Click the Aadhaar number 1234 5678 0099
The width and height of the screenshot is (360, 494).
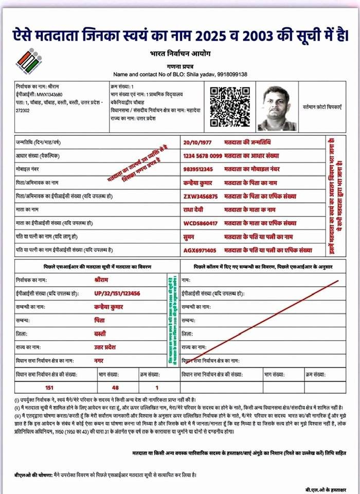(x=203, y=155)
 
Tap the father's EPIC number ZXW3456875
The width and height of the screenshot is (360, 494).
(x=201, y=197)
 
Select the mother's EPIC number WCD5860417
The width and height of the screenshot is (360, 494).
(x=201, y=223)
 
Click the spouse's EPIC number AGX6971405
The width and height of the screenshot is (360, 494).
(x=201, y=251)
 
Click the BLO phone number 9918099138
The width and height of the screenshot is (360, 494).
(x=231, y=74)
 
